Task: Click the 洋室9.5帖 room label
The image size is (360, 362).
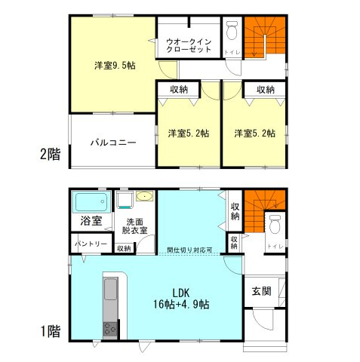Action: point(115,66)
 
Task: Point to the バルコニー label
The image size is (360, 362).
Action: point(113,141)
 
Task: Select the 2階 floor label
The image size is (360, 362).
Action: point(50,155)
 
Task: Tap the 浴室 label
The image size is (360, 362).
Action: point(89,223)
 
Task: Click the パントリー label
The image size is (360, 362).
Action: point(90,244)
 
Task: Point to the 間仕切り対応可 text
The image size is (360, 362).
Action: point(189,250)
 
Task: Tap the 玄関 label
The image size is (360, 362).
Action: point(262,292)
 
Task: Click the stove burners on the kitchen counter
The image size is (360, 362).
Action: point(110,329)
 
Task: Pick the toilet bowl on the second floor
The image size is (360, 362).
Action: point(232,31)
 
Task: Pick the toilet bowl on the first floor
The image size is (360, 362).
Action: point(275,224)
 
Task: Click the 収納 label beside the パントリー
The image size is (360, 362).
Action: point(124,247)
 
